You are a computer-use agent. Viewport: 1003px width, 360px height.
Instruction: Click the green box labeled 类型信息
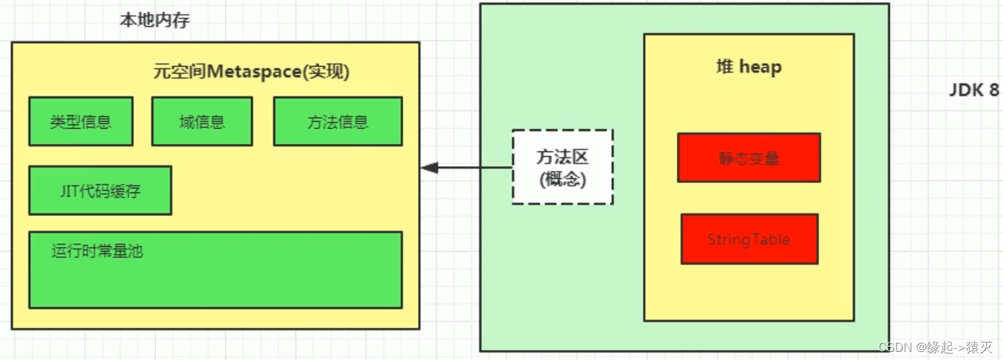click(81, 122)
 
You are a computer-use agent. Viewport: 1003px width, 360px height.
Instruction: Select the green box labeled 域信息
click(202, 122)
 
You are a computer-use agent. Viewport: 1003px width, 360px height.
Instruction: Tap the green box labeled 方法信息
click(337, 122)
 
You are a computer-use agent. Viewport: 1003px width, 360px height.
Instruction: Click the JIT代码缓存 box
click(100, 190)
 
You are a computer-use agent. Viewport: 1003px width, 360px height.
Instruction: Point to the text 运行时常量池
click(97, 252)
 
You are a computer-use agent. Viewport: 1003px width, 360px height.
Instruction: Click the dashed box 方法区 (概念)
click(562, 167)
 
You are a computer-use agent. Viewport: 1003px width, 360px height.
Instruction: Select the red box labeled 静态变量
click(749, 158)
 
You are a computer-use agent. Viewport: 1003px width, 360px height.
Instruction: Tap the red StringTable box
click(749, 239)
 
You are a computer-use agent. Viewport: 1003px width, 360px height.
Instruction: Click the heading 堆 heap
click(749, 67)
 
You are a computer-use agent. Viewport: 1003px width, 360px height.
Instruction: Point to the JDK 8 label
click(973, 90)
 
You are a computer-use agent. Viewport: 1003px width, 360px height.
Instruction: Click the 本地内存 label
click(155, 20)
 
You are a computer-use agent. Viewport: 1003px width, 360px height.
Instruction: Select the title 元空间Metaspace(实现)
click(251, 72)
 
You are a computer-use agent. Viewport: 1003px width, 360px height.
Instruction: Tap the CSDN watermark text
click(936, 347)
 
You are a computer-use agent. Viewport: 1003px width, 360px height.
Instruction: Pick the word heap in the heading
click(761, 68)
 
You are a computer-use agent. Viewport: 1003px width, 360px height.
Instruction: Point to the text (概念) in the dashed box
click(563, 180)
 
